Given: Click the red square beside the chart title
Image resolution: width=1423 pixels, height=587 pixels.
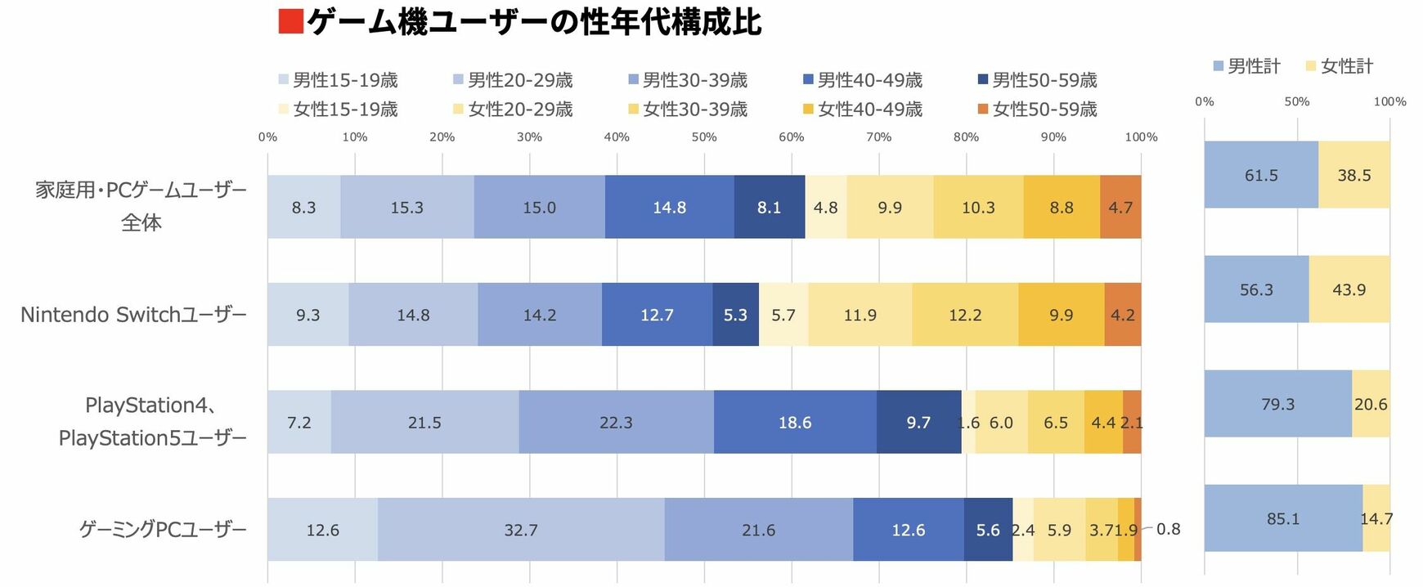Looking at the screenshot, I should tap(290, 21).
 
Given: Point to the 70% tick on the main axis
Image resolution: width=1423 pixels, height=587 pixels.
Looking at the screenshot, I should tap(878, 137).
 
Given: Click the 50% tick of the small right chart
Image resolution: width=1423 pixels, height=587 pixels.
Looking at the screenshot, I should tap(1296, 102).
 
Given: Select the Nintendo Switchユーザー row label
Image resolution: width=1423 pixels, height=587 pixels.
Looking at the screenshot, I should tap(133, 315).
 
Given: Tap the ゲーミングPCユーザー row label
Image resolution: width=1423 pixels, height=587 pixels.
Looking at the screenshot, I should tap(163, 530).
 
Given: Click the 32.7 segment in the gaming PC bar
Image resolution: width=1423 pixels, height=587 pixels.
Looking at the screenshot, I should tap(521, 530).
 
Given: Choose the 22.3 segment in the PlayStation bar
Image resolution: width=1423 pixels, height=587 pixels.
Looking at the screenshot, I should tap(616, 423).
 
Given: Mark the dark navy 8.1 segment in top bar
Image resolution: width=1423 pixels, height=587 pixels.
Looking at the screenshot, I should tap(769, 208).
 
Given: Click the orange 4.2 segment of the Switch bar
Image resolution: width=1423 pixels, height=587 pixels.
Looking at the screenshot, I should tap(1122, 315).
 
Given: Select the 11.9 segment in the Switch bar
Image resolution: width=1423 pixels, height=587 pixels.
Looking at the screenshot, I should tap(860, 315).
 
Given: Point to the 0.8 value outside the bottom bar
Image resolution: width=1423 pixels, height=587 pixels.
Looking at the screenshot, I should tap(1168, 530).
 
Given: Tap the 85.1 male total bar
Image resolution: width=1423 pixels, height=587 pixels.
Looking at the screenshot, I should tap(1282, 518).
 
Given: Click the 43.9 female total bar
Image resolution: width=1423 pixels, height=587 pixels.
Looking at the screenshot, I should tap(1349, 289).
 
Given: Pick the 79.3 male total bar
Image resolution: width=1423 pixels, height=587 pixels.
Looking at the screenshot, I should tap(1277, 404).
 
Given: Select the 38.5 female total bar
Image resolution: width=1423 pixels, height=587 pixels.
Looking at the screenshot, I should tap(1353, 175).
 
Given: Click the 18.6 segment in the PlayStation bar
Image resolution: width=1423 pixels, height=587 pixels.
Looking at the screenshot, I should tap(794, 423).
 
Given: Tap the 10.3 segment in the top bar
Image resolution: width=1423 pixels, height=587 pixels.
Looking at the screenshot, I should tap(978, 208).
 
